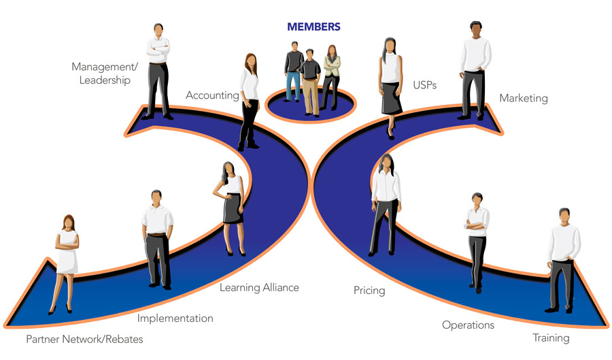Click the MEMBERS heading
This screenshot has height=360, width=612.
click(x=313, y=27)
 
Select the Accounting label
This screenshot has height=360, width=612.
click(x=212, y=96)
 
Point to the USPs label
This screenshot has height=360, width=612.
click(x=424, y=86)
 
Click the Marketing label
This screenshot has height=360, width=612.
click(x=523, y=99)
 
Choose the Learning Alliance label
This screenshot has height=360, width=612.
click(x=259, y=288)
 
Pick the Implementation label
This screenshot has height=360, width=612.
click(x=175, y=318)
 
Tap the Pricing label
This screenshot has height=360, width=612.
click(x=369, y=291)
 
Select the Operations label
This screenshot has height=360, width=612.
click(x=468, y=325)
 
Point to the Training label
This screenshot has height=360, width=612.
click(x=551, y=338)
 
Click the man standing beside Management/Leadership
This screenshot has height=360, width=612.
click(x=158, y=71)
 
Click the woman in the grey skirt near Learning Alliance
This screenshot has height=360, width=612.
click(x=232, y=204)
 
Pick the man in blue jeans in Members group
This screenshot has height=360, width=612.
click(x=294, y=71)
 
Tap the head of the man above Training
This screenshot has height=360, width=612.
click(x=564, y=216)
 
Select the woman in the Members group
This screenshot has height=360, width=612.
click(x=331, y=75)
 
